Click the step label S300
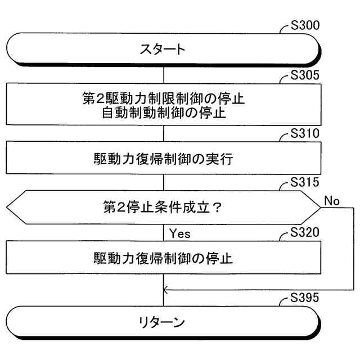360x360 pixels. (x=305, y=25)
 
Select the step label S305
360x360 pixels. (x=305, y=76)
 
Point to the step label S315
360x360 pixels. (x=305, y=183)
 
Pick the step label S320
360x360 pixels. (x=305, y=232)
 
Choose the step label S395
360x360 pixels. (x=305, y=298)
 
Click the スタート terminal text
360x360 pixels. (x=163, y=49)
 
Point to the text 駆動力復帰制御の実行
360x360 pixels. (x=163, y=159)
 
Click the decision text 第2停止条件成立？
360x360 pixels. (x=163, y=208)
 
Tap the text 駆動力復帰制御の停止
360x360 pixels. (x=163, y=258)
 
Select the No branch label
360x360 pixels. (x=332, y=201)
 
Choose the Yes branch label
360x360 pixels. (x=179, y=232)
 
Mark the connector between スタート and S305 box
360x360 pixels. (x=163, y=74)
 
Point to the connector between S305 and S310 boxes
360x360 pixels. (x=163, y=133)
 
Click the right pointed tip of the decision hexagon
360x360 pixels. (x=321, y=208)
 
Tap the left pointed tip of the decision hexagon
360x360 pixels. (x=6, y=208)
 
